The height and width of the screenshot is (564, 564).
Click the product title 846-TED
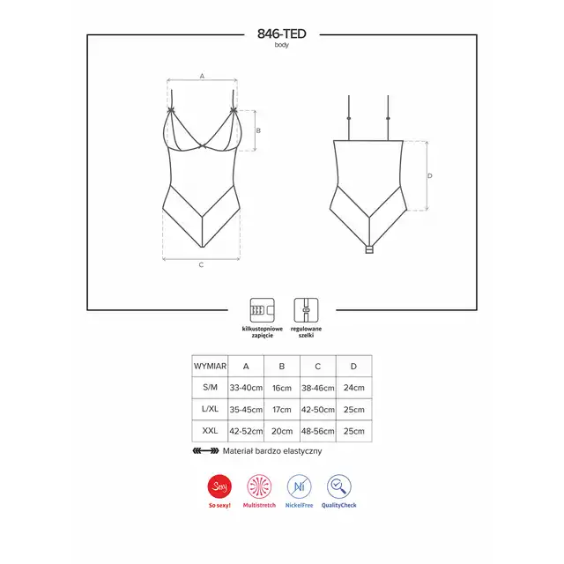(x=282, y=33)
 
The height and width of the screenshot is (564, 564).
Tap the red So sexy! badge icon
(x=219, y=486)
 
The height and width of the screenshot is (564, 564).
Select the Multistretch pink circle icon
(x=259, y=486)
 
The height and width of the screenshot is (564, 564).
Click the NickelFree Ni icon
(x=299, y=486)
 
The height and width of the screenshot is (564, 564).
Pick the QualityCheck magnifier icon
(x=338, y=486)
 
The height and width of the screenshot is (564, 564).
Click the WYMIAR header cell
(x=210, y=367)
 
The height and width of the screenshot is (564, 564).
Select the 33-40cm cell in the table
(x=246, y=388)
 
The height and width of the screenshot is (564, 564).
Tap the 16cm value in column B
(x=282, y=388)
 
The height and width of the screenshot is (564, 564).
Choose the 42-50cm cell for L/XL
(x=318, y=409)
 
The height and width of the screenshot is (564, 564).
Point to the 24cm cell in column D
(x=354, y=388)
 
